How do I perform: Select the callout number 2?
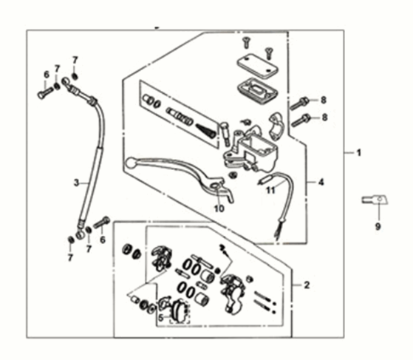307,285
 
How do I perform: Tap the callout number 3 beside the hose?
76,183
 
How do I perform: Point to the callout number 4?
321,182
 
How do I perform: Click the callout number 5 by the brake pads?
161,318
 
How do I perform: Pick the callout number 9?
378,226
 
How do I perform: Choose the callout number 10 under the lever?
219,208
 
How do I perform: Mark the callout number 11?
270,190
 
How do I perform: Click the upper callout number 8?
324,100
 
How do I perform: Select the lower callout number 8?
324,117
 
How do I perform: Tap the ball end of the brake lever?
130,163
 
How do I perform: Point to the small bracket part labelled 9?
375,200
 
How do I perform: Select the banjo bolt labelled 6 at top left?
45,92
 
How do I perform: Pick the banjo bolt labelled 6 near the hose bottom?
102,223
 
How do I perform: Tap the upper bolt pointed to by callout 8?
299,103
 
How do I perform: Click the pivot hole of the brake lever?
215,187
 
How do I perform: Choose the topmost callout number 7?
75,61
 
